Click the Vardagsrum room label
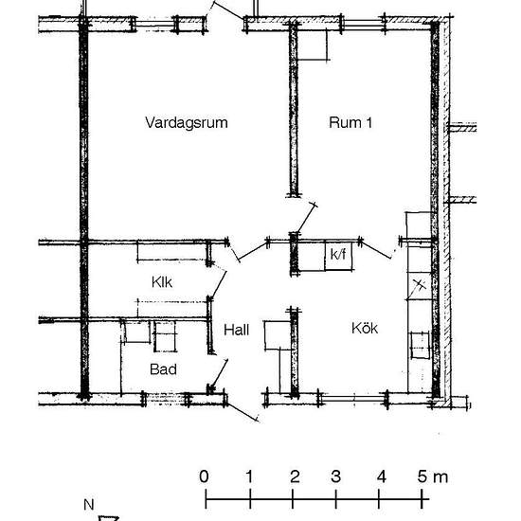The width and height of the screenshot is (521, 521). point(187,123)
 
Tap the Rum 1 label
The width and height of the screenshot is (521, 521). point(350,122)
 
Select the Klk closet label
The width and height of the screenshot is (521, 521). point(162,282)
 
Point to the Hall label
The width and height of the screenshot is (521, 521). point(236,330)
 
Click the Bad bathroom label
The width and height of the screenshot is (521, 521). point(163,369)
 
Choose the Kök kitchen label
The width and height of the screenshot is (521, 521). point(365,328)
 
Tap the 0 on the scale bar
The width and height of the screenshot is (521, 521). point(204,476)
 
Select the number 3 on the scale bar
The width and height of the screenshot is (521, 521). point(335,476)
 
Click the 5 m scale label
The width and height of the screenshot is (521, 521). point(433,476)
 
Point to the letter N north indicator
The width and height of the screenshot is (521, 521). point(89,505)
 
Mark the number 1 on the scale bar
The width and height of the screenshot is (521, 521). point(249,476)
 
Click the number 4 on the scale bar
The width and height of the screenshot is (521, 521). point(381,476)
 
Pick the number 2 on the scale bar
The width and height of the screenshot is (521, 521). point(295,476)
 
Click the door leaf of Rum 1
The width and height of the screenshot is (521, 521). point(306,219)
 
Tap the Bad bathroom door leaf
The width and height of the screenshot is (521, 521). point(220,374)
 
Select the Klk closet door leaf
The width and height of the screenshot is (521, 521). point(219,285)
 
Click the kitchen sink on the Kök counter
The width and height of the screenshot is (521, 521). point(420,346)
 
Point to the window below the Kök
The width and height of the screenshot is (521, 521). point(353,399)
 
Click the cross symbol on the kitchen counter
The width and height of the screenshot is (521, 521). point(420,285)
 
